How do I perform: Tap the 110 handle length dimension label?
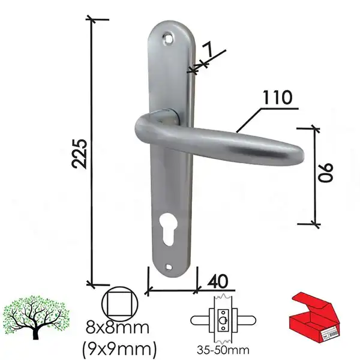click(277, 97)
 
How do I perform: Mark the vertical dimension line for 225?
click(91, 150)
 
